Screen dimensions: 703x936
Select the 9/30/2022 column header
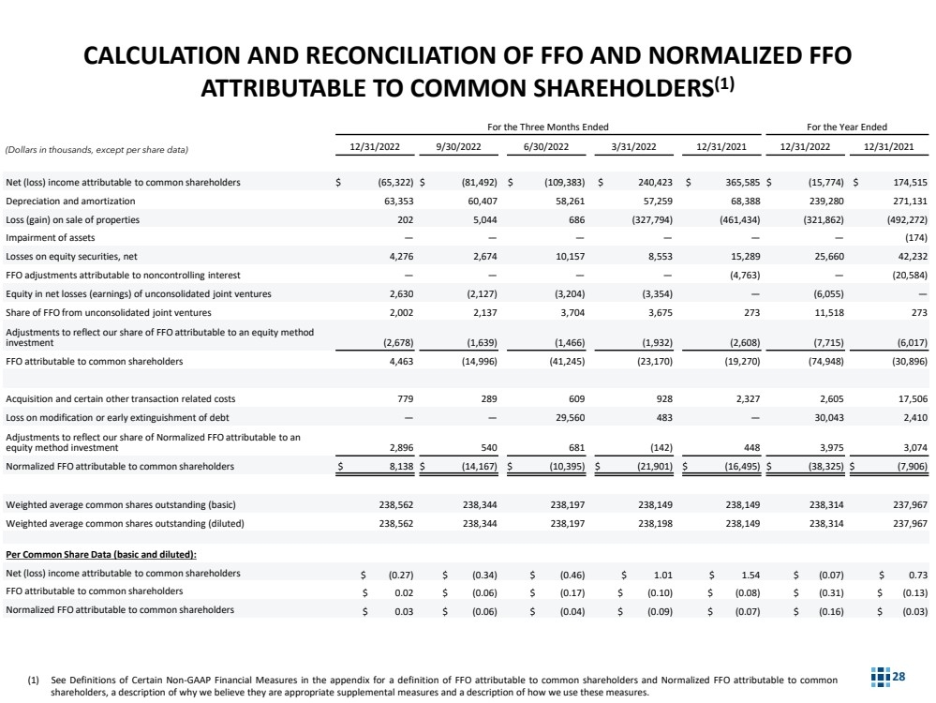coord(459,147)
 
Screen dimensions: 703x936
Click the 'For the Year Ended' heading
coord(847,127)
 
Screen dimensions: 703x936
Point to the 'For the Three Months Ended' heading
coord(546,127)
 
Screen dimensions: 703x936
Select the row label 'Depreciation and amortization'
coord(70,201)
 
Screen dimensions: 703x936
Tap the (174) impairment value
coord(914,237)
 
